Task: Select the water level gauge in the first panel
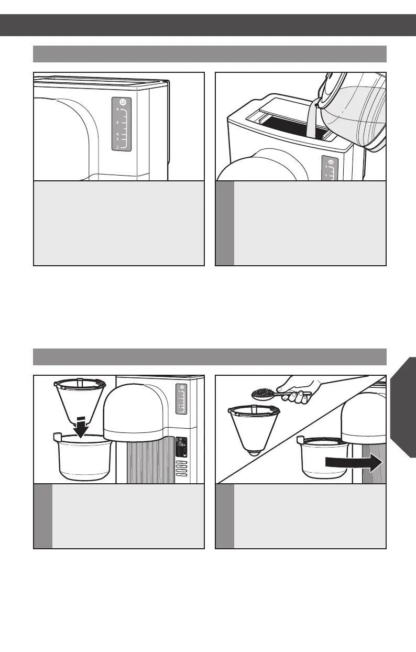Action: pyautogui.click(x=122, y=126)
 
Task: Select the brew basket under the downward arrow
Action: pyautogui.click(x=84, y=456)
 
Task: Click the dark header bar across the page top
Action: pyautogui.click(x=208, y=25)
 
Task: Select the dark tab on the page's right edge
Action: pyautogui.click(x=403, y=407)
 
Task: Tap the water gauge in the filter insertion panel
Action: pyautogui.click(x=181, y=400)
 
